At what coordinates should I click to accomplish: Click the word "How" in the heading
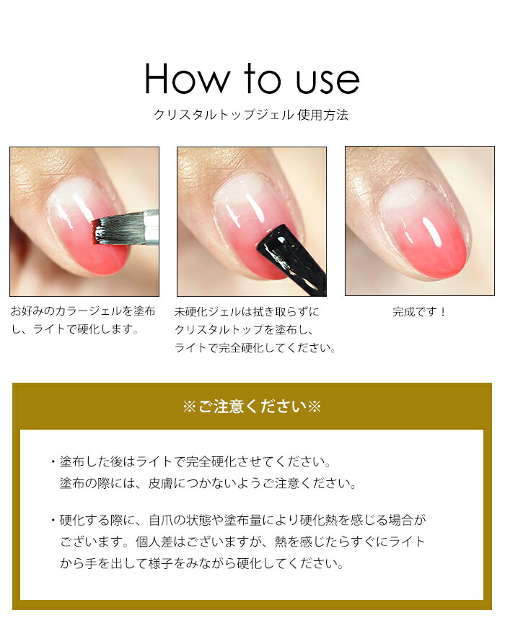click(187, 79)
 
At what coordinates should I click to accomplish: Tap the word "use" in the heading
click(328, 82)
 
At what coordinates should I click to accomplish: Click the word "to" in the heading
click(262, 78)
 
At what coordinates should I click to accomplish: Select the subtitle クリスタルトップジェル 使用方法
click(251, 116)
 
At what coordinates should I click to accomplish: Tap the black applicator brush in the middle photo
click(294, 258)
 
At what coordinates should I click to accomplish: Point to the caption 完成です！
click(419, 312)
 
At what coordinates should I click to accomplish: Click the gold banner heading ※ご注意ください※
click(252, 407)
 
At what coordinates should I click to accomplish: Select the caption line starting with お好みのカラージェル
click(83, 311)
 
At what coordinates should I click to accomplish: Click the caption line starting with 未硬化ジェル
click(247, 312)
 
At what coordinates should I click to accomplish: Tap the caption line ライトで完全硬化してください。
click(255, 348)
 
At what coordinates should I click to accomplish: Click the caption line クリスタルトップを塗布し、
click(244, 330)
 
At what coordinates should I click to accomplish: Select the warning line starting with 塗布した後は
click(196, 461)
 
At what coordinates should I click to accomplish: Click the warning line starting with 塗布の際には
click(208, 483)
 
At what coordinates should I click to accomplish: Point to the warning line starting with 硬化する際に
click(243, 520)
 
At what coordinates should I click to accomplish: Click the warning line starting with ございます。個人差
click(242, 542)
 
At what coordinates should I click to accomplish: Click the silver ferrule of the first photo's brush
click(150, 227)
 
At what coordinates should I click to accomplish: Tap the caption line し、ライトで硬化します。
click(75, 329)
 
